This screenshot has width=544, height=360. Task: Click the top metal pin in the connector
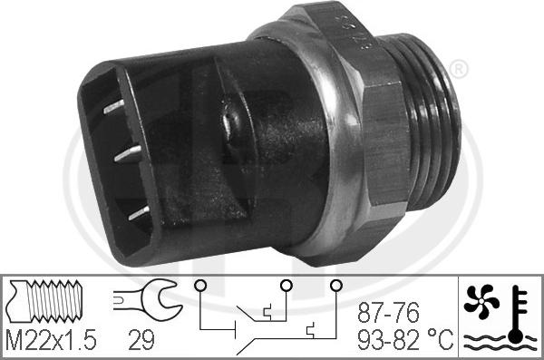tap(116, 107)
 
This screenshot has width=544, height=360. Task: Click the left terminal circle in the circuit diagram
tap(199, 287)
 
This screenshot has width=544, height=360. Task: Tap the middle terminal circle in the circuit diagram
tap(287, 287)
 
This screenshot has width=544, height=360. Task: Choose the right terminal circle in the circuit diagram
tap(335, 287)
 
